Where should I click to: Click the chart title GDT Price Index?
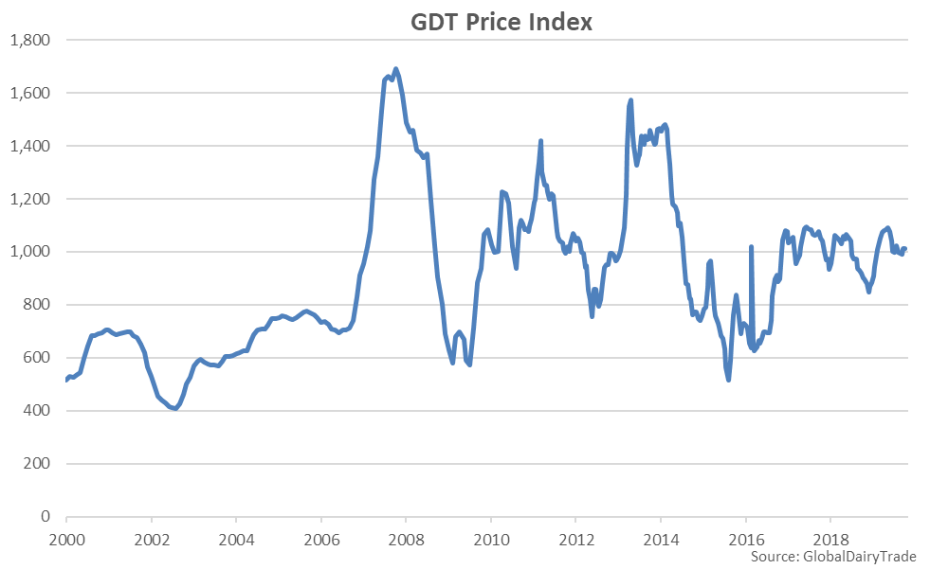[501, 22]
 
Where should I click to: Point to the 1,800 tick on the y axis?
[30, 40]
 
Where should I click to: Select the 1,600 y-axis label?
[30, 93]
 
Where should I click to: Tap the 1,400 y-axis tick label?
[30, 146]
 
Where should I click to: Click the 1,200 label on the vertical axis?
[30, 199]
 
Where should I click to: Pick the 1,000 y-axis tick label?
[30, 252]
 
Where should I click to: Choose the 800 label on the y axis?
[36, 305]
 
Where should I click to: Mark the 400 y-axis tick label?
[36, 411]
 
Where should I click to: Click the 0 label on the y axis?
[45, 517]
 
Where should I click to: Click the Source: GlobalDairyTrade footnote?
[833, 556]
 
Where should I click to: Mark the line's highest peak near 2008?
[395, 69]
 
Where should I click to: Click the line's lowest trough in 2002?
[175, 408]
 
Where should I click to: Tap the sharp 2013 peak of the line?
[630, 100]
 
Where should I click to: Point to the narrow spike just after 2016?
[751, 247]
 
